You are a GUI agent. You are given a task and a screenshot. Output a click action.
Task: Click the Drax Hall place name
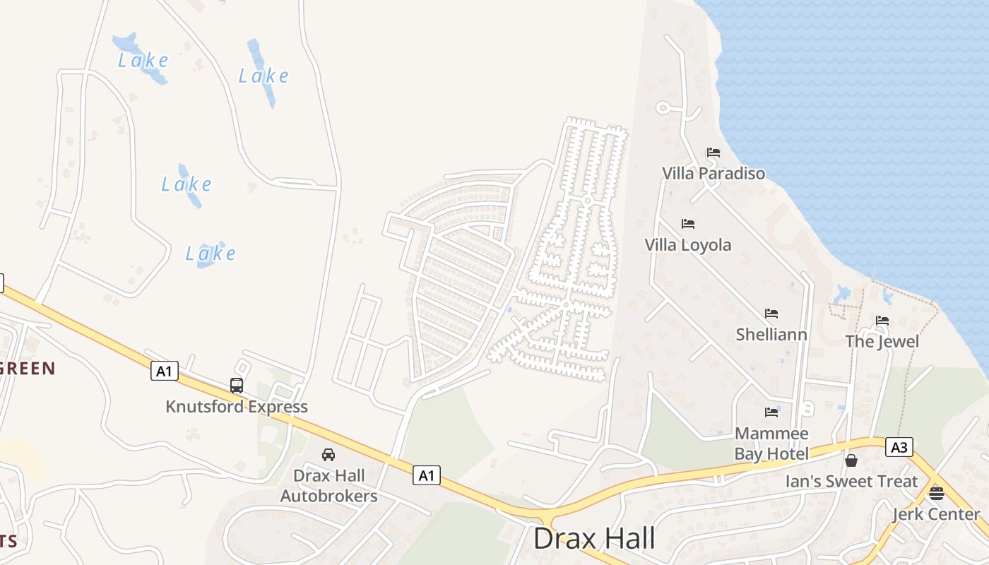pos(593,539)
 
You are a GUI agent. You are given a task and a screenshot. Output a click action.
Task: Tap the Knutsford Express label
pos(237,407)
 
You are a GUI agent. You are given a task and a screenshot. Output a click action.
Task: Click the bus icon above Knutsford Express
pos(237,386)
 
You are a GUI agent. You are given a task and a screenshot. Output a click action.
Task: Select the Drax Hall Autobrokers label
pos(328,486)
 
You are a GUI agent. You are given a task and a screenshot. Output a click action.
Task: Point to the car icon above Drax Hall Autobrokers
pos(328,455)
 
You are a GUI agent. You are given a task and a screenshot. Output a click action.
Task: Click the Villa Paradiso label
pos(713,173)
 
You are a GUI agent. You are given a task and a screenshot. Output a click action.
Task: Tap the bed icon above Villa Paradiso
pos(713,153)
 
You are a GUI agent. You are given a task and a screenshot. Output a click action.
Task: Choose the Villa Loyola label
pos(687,245)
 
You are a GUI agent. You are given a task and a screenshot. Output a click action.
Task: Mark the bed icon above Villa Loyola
pos(688,224)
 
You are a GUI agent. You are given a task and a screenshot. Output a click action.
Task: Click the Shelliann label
pos(771,334)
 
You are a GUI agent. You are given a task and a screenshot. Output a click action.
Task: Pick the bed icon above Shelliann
pos(771,314)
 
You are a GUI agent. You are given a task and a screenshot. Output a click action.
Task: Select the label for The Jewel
pos(882,342)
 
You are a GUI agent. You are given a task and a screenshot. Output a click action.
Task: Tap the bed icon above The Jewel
pos(882,321)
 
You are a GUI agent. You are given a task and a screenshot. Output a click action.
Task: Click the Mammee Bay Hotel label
pos(771,443)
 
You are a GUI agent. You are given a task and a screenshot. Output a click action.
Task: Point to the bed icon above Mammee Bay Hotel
pos(771,412)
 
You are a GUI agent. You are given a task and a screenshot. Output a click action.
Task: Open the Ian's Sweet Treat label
pos(851,482)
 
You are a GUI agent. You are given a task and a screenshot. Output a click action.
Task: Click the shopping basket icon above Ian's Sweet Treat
pos(851,461)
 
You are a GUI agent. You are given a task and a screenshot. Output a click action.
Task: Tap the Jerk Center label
pos(936,514)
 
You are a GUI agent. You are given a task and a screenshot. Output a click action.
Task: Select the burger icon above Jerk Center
pos(937,493)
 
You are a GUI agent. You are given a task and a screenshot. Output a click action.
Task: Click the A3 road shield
pos(899,447)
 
